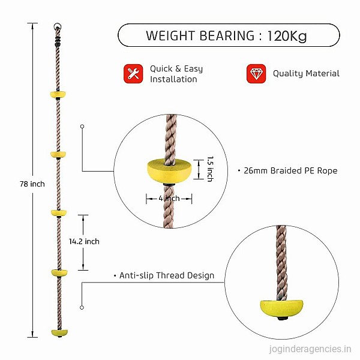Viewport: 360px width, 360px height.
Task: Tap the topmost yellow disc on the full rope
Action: point(58,94)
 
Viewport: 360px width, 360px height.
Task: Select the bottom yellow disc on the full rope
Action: point(59,332)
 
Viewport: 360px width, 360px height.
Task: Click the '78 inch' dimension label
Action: point(32,184)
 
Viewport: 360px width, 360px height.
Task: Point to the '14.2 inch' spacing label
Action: point(84,241)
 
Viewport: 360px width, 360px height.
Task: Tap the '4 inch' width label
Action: point(169,198)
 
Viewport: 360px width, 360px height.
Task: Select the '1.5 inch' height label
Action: point(211,169)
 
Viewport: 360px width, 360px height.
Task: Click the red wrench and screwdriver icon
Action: point(133,74)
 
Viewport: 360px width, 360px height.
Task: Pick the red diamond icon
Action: point(256,74)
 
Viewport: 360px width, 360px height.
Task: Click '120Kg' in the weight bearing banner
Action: point(287,36)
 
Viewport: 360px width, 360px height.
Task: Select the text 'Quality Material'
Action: point(306,73)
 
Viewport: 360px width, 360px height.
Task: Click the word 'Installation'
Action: point(173,79)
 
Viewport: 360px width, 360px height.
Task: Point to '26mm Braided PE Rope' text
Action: point(290,170)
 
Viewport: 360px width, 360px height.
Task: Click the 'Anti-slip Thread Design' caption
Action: point(167,275)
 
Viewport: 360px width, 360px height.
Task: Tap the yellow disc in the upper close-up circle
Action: point(169,171)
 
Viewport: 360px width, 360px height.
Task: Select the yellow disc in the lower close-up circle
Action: point(281,308)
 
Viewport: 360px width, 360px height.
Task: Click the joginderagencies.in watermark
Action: point(310,349)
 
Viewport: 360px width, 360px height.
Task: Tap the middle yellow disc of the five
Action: point(59,213)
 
